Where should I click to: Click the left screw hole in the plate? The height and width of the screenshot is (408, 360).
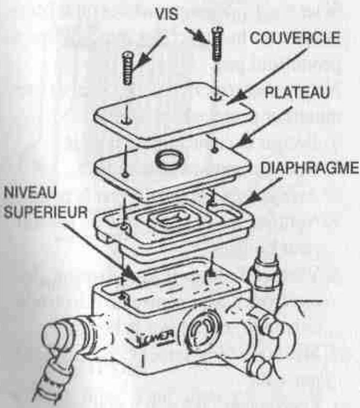[x=125, y=175]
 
